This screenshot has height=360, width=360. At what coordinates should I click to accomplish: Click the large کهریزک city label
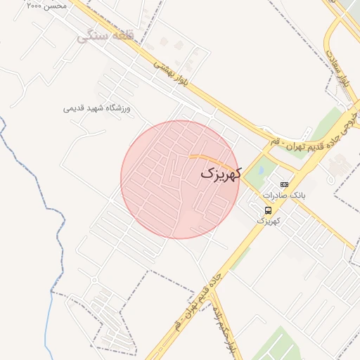click(x=220, y=173)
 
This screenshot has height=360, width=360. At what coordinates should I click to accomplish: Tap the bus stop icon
click(x=268, y=210)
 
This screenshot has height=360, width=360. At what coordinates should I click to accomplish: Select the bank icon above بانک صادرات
click(x=284, y=184)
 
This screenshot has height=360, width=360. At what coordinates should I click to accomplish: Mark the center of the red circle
click(x=180, y=179)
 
